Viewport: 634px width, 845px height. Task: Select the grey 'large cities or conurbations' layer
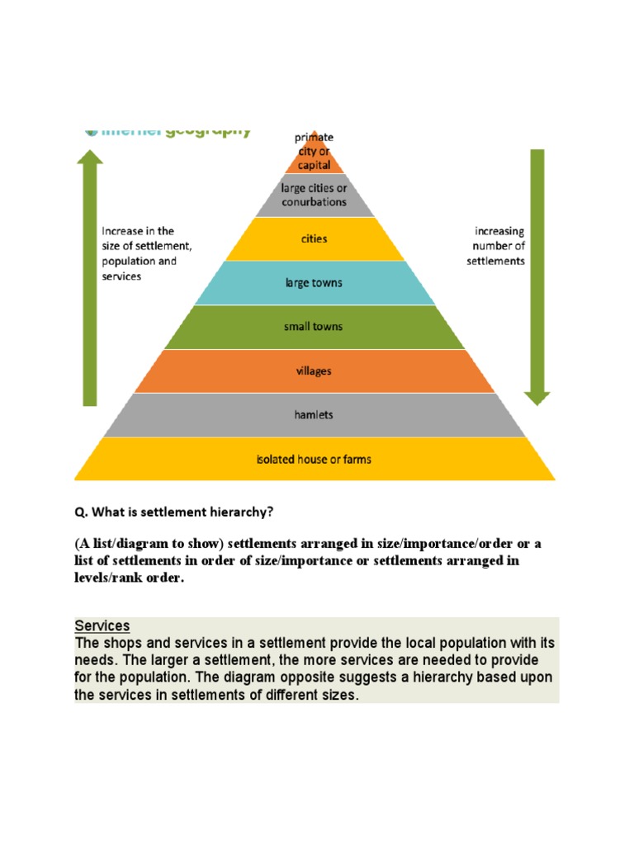click(x=314, y=195)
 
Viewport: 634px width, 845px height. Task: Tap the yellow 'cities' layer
click(x=314, y=239)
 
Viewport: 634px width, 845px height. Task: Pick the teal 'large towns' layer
click(x=314, y=283)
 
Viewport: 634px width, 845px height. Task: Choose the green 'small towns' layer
click(x=314, y=327)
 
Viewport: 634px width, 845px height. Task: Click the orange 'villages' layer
click(x=314, y=371)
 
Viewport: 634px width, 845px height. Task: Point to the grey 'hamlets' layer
click(x=314, y=415)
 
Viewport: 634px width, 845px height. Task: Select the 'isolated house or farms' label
click(x=314, y=459)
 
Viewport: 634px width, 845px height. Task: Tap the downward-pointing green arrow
click(x=537, y=276)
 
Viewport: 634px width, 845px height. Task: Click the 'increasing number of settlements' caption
click(x=499, y=246)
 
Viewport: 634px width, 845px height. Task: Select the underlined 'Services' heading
click(x=102, y=626)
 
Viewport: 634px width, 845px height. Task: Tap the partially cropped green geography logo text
click(x=173, y=131)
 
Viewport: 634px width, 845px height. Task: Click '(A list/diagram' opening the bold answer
click(x=122, y=544)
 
